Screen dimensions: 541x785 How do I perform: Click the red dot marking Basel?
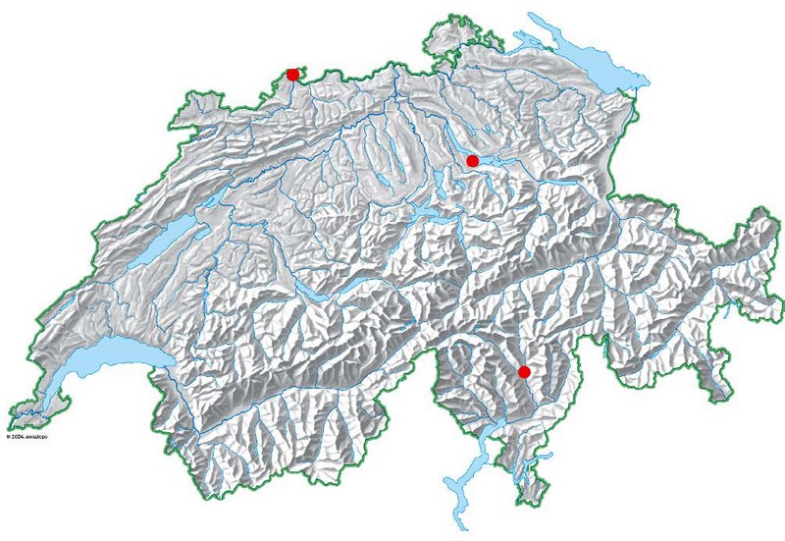pyautogui.click(x=292, y=75)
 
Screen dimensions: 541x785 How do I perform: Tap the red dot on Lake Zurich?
pyautogui.click(x=472, y=160)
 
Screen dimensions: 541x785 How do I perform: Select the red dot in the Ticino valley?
pyautogui.click(x=524, y=372)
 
